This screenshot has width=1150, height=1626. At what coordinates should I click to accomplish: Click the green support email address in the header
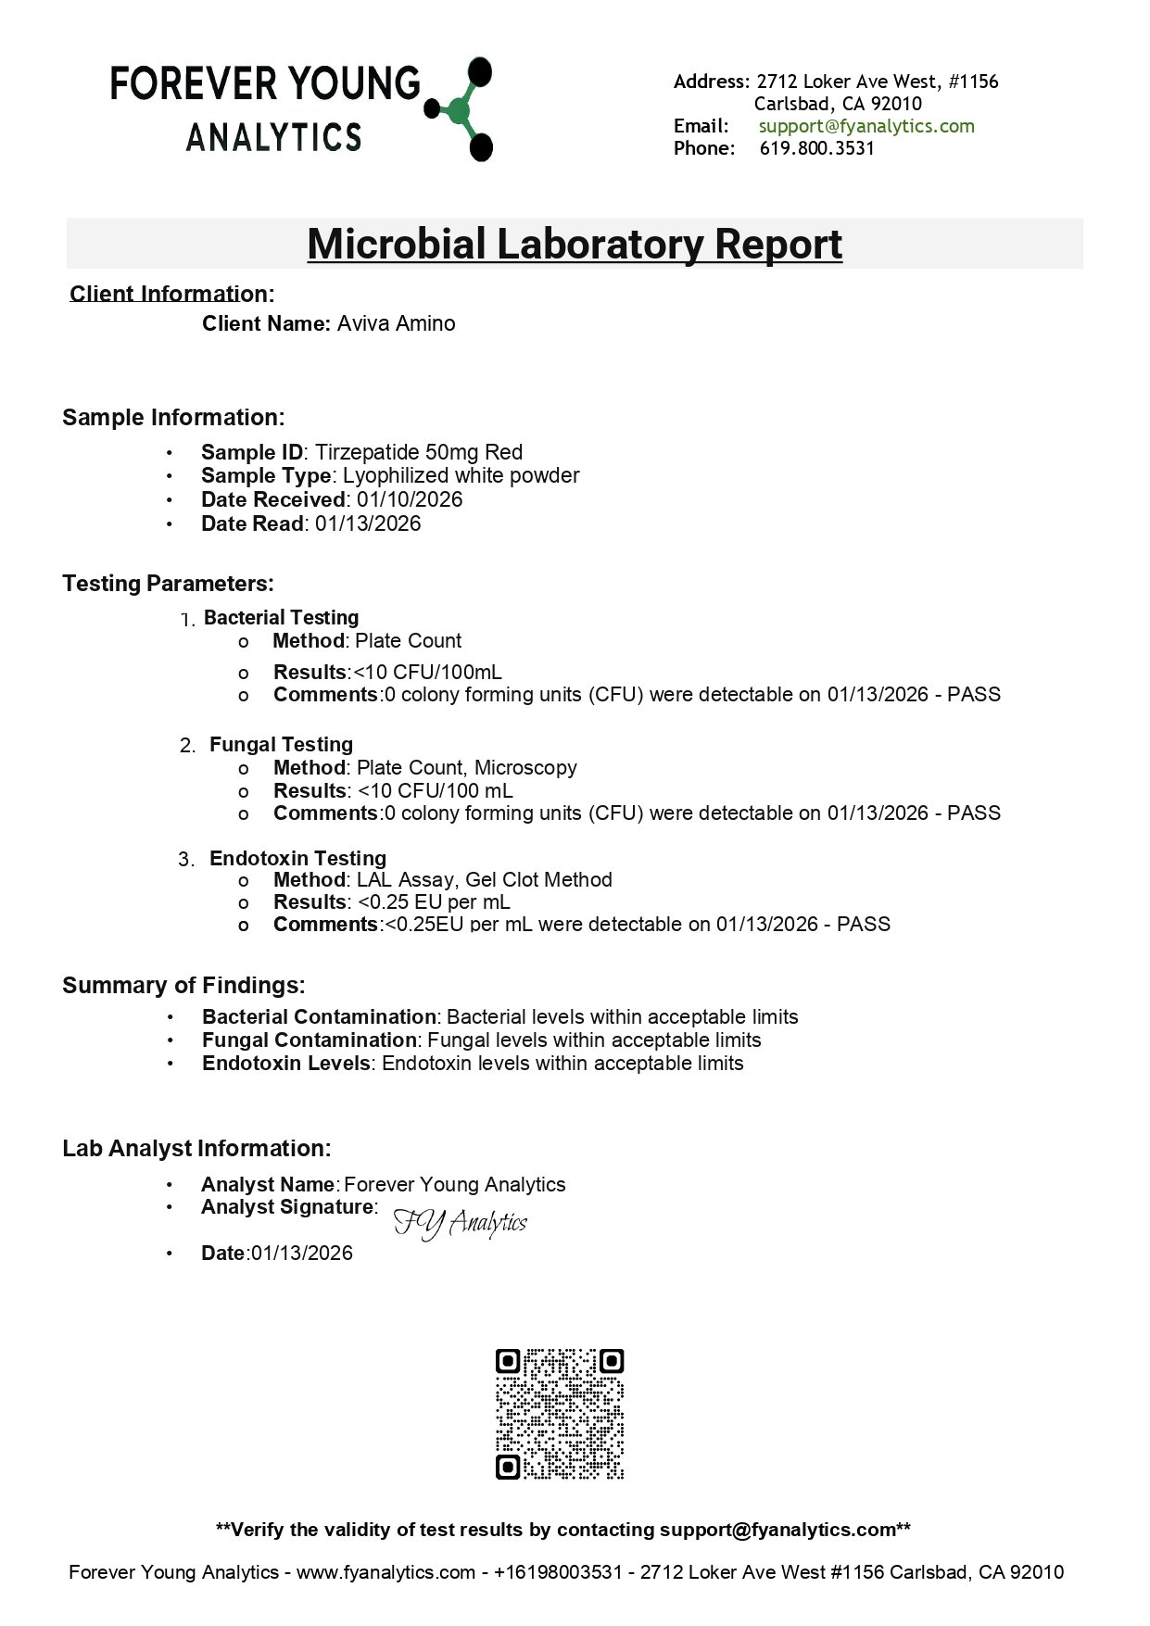click(x=866, y=126)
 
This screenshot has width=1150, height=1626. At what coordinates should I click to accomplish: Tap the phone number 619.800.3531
click(x=816, y=148)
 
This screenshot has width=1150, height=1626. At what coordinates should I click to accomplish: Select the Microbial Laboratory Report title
click(x=575, y=244)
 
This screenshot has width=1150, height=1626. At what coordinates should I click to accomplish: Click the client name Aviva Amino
click(x=396, y=323)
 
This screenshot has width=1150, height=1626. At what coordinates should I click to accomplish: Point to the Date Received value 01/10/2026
click(x=415, y=500)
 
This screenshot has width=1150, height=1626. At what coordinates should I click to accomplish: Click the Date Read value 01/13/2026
click(x=368, y=524)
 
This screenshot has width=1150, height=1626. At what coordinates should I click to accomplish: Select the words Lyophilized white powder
click(x=461, y=476)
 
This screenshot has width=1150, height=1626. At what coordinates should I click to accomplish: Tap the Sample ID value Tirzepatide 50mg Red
click(x=419, y=453)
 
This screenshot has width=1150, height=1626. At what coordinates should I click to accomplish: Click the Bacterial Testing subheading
click(x=281, y=618)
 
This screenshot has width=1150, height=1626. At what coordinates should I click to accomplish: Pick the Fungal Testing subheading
click(x=281, y=745)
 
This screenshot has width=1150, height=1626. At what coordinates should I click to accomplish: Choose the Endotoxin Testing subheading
click(x=297, y=859)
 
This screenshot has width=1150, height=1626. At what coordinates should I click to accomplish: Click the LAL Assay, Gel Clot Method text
click(x=484, y=880)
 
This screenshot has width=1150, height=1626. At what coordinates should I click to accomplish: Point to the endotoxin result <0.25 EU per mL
click(x=434, y=902)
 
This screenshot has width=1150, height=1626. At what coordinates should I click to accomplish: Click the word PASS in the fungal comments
click(x=974, y=813)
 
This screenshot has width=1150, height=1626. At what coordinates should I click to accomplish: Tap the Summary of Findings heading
click(x=183, y=985)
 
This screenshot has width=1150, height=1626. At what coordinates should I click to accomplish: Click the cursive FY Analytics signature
click(x=461, y=1224)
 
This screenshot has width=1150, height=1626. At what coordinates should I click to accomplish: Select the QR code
click(x=560, y=1414)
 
